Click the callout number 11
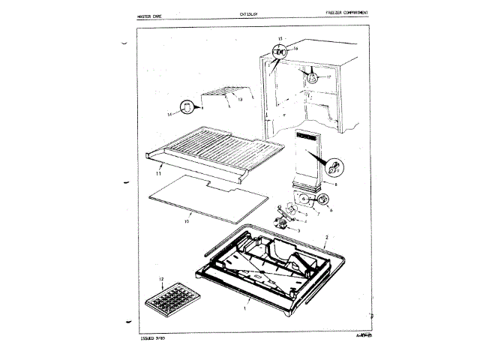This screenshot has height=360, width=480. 158,173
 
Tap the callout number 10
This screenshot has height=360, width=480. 187,222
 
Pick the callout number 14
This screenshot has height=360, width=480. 169,112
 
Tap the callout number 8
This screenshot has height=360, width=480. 334,184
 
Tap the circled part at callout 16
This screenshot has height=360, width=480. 280,52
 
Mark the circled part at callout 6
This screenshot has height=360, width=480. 323,199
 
